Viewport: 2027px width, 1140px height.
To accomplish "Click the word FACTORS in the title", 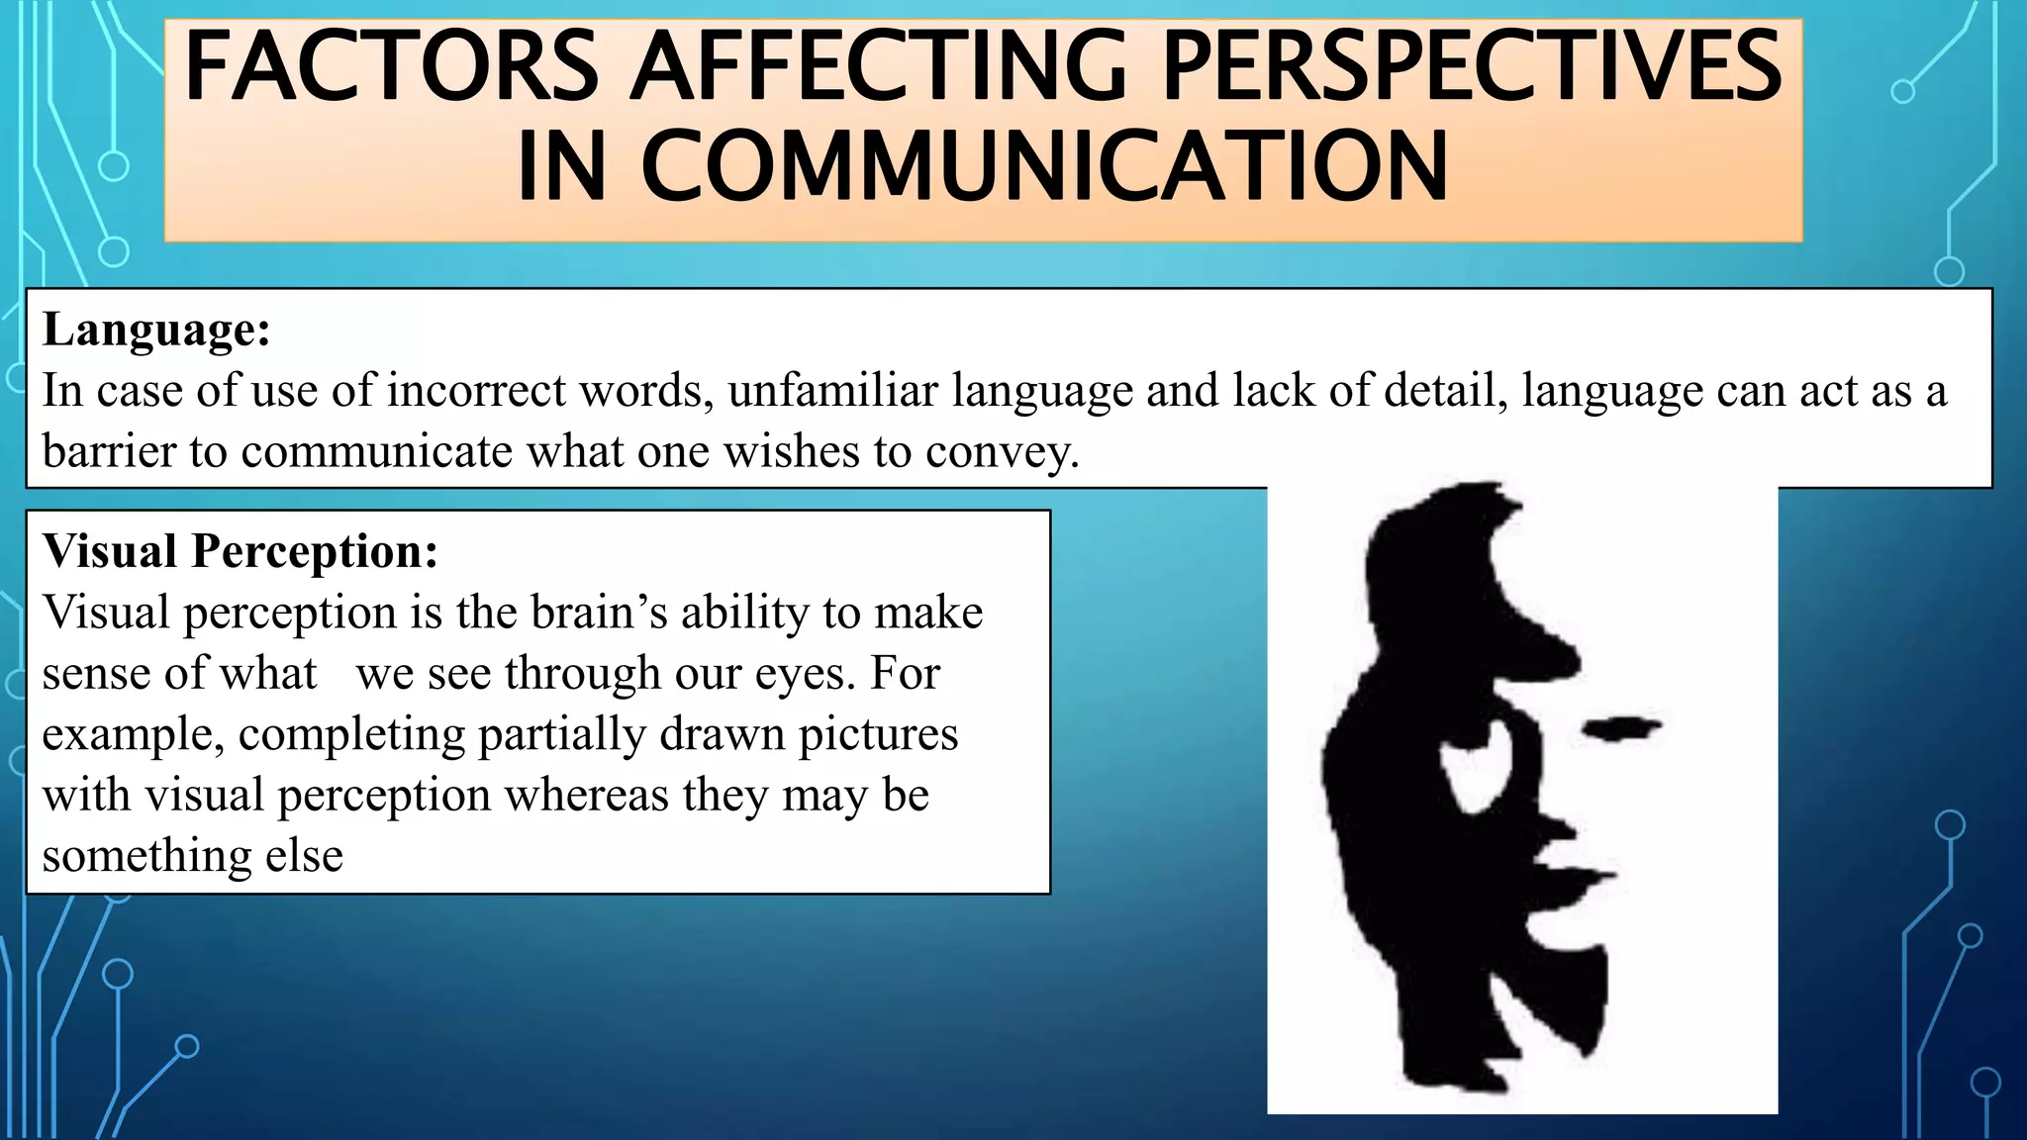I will (391, 67).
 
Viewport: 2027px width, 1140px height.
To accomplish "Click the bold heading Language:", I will (156, 330).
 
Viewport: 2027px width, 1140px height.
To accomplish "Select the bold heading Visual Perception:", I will (241, 551).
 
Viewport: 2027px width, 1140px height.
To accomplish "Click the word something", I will (146, 856).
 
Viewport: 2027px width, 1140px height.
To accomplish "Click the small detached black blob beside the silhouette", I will (1622, 730).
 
